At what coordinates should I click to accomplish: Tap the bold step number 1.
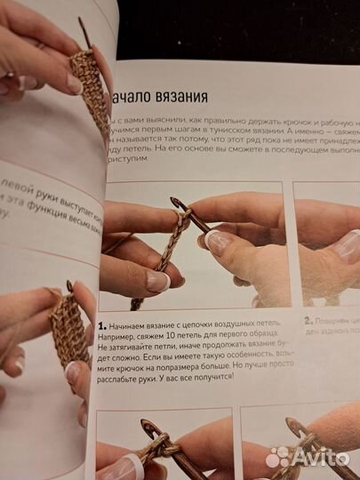point(102,325)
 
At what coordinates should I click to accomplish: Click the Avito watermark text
point(321,458)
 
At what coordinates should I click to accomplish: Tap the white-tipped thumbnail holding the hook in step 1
point(216,241)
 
